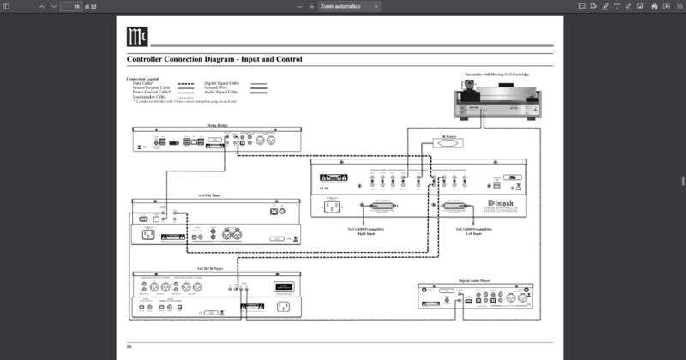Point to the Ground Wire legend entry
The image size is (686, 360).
(215, 87)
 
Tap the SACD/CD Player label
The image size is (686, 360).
(213, 269)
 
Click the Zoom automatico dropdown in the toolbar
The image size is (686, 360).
(346, 6)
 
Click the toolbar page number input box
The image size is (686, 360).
(71, 6)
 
